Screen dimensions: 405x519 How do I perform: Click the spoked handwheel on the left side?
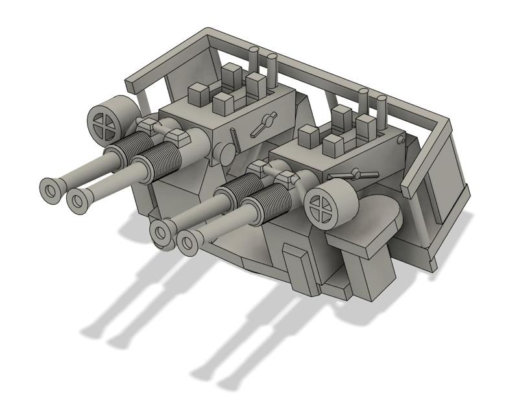(x=104, y=121)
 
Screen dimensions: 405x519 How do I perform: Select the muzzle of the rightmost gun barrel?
(x=188, y=243)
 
